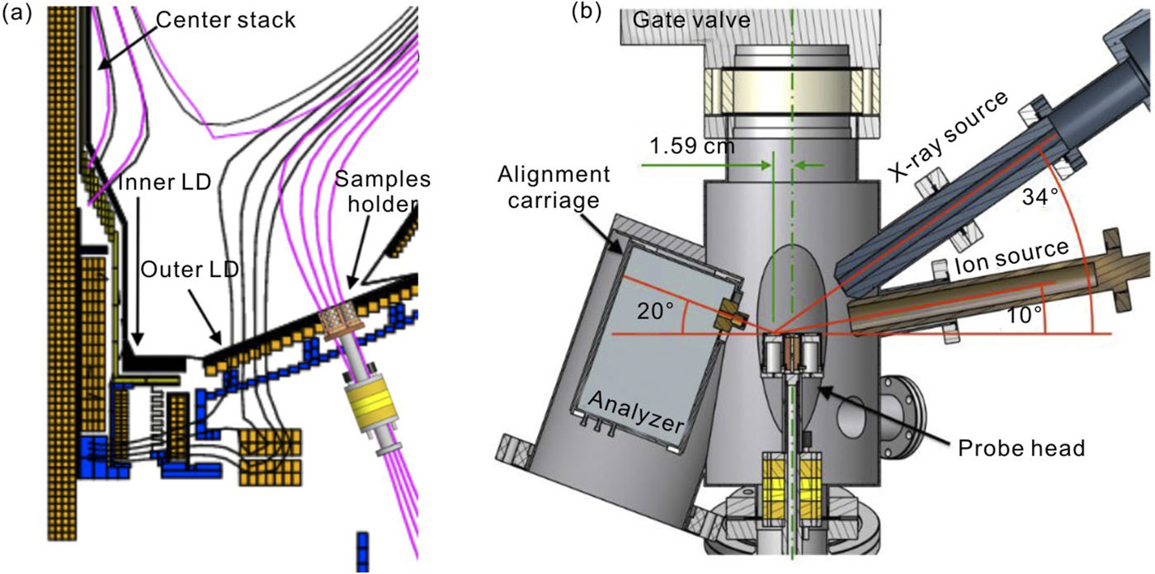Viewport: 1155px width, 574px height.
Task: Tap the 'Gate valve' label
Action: click(692, 20)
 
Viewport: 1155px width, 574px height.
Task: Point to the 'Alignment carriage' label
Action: click(554, 188)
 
